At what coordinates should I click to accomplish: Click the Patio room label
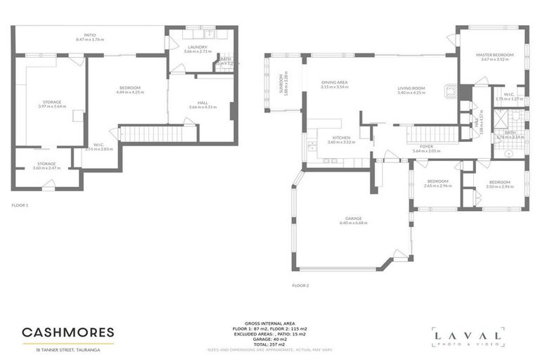click(x=89, y=34)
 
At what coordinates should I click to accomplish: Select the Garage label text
click(x=354, y=218)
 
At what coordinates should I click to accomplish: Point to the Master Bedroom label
click(x=494, y=55)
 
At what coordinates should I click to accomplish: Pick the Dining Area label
click(x=335, y=82)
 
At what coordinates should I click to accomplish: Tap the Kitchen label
click(x=341, y=138)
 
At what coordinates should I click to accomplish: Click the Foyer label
click(x=425, y=146)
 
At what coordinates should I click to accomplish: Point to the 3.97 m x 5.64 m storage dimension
click(x=51, y=106)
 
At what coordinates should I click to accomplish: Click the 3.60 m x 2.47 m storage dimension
click(x=46, y=168)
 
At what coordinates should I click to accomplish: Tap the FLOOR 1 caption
click(x=20, y=205)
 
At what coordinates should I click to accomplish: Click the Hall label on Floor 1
click(x=202, y=103)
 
